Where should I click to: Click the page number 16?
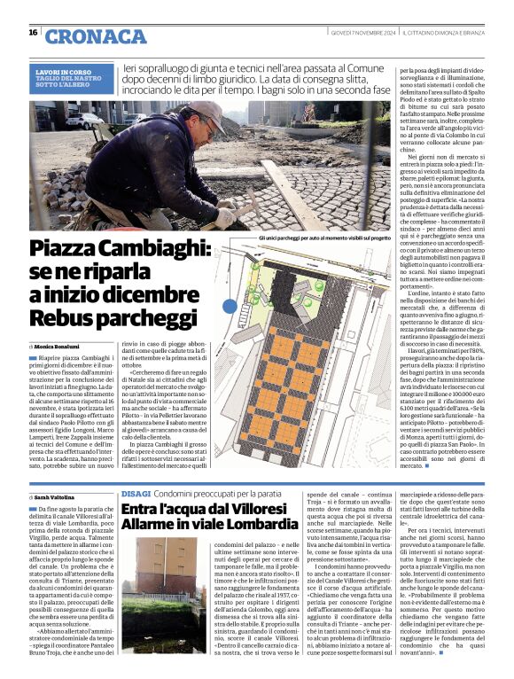pyautogui.click(x=33, y=34)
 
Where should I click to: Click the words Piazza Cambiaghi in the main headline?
pyautogui.click(x=110, y=251)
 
